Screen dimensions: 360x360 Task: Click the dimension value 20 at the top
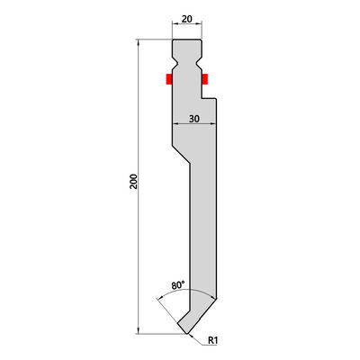[x=186, y=19]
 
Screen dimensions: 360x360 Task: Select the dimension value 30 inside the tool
[x=194, y=119]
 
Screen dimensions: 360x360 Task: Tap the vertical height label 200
[x=133, y=181]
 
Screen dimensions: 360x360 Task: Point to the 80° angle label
[x=178, y=284]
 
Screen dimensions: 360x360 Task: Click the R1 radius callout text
[x=212, y=340]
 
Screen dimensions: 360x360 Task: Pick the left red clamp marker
[x=169, y=79]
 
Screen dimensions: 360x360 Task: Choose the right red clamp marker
[x=205, y=79]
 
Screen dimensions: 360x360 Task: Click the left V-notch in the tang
[x=175, y=63]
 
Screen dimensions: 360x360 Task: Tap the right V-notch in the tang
[x=199, y=63]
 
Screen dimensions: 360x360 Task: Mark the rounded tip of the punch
[x=187, y=333]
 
